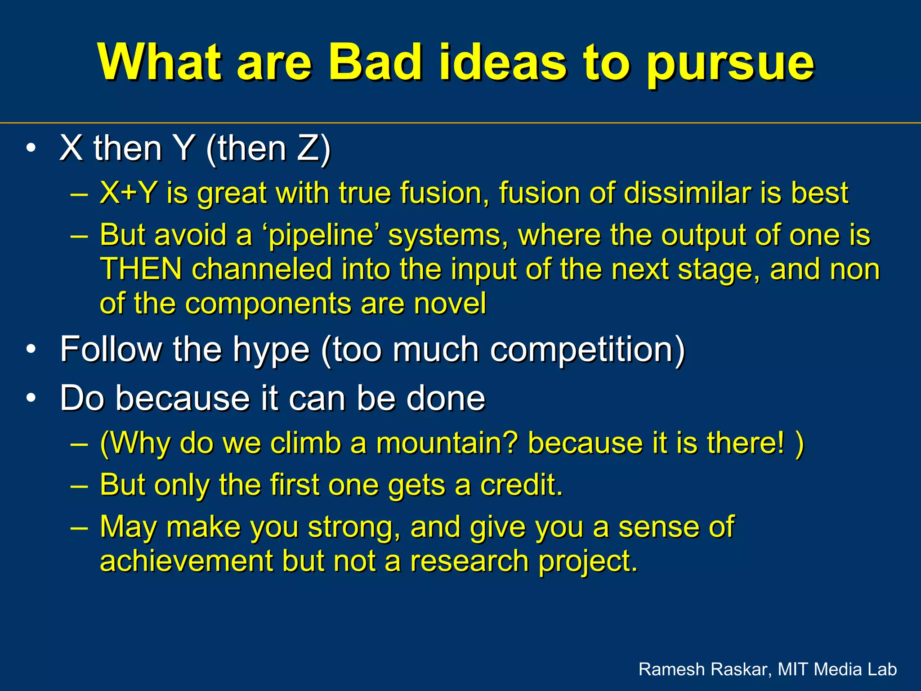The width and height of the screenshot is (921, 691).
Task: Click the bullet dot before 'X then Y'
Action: pos(31,148)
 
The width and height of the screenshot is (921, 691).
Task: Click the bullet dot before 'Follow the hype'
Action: pos(31,350)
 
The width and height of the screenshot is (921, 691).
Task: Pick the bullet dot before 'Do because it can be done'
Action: pos(31,398)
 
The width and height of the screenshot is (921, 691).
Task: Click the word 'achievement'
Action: pos(186,561)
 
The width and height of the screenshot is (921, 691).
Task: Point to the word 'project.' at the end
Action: pos(588,562)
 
